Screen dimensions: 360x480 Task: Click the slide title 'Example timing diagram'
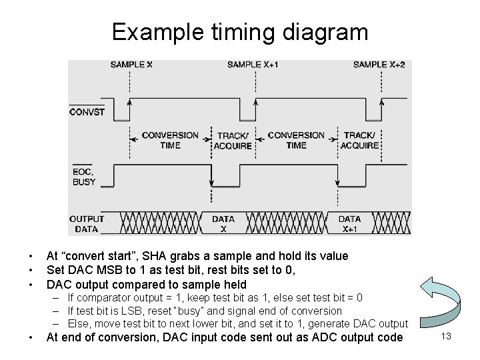(x=239, y=31)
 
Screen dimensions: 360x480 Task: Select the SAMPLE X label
(x=131, y=65)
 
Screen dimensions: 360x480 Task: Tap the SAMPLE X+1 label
(x=253, y=65)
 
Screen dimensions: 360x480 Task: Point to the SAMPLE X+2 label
(x=378, y=65)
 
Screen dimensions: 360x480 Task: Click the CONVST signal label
(x=87, y=112)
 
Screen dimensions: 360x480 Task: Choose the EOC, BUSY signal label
(x=83, y=175)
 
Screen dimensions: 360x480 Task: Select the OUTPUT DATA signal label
(x=87, y=223)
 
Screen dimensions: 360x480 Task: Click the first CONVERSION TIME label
(x=170, y=140)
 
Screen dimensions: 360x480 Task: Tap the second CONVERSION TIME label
(x=296, y=140)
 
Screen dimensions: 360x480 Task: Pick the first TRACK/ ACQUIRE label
(x=233, y=140)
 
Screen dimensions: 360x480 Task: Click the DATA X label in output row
(x=223, y=223)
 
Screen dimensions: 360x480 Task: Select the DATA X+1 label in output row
(x=349, y=223)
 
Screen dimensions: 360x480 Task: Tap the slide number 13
(x=446, y=337)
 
